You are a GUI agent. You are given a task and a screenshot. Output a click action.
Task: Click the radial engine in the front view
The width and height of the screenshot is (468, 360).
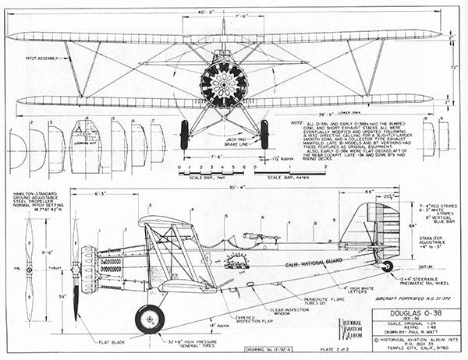click(x=223, y=85)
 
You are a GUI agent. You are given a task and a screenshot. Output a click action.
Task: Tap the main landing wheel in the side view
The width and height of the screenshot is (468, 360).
click(x=150, y=318)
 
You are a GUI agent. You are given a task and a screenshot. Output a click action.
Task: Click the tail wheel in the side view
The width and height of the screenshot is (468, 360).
click(x=387, y=266)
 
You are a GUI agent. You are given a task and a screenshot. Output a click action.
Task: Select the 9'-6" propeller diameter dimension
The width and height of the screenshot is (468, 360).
click(x=48, y=252)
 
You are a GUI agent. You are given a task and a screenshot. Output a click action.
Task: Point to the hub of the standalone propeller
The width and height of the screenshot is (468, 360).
click(x=29, y=270)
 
